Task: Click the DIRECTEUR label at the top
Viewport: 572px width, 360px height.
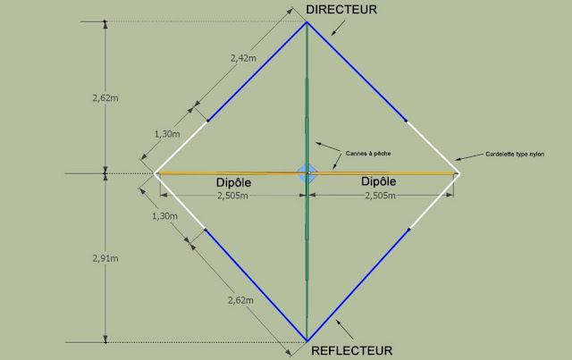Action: [341, 9]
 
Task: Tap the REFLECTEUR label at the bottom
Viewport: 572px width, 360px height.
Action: [351, 350]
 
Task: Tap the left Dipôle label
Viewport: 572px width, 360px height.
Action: [235, 182]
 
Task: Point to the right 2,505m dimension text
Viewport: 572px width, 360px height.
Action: [382, 195]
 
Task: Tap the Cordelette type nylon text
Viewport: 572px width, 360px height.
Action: [518, 154]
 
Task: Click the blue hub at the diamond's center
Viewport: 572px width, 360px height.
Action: [307, 172]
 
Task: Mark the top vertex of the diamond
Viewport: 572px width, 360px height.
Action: [307, 21]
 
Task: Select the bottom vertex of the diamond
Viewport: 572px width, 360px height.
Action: [307, 339]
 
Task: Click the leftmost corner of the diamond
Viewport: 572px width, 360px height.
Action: [156, 172]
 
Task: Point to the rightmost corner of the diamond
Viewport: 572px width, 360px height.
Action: [458, 172]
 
